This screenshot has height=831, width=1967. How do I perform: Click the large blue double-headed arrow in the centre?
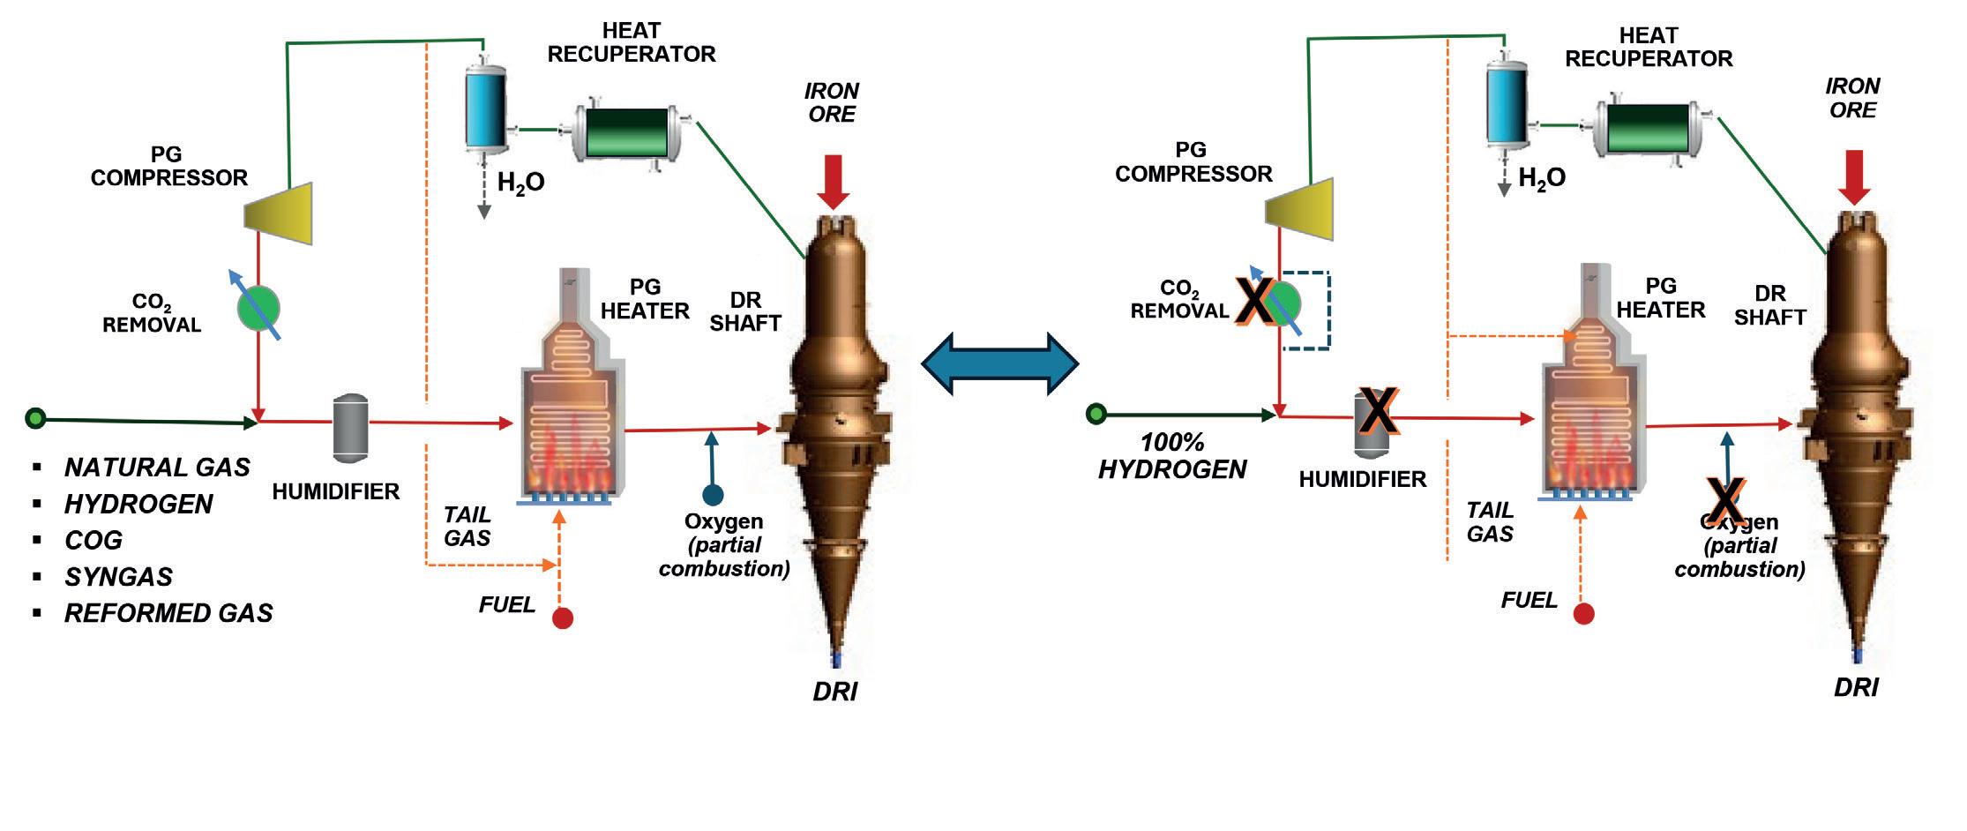[999, 363]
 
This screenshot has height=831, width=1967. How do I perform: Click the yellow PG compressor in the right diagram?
[1300, 210]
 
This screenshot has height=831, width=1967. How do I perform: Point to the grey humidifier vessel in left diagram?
[350, 427]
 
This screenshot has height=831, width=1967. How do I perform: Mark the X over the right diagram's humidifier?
[1377, 411]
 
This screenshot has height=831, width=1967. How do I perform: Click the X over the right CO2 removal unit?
[1254, 301]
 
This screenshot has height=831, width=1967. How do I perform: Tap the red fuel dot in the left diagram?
[563, 618]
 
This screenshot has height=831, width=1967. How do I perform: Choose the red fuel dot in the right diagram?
[1583, 613]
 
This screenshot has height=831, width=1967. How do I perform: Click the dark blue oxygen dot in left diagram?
[713, 495]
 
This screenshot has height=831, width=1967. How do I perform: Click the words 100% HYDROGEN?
[1172, 456]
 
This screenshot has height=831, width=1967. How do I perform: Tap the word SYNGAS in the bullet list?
[118, 577]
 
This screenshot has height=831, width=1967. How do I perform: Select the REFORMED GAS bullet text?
[168, 613]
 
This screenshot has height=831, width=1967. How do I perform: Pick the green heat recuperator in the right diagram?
[1648, 129]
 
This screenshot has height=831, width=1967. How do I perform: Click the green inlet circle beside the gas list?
[35, 418]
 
